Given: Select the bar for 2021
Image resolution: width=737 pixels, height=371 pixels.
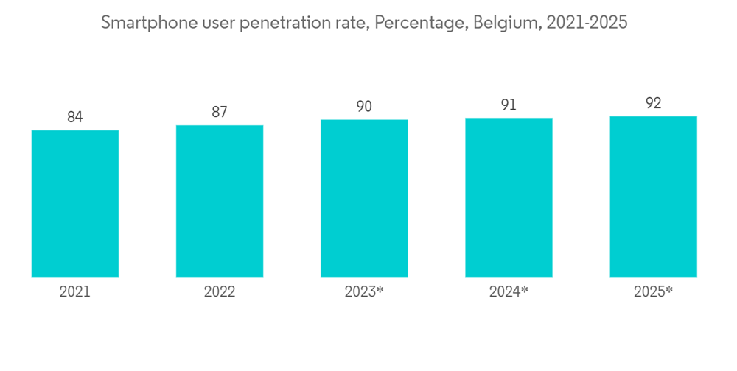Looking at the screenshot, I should tap(74, 203).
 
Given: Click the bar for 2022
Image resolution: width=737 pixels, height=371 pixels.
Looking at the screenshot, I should tap(220, 201).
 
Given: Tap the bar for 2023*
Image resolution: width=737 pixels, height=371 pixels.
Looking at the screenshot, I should tap(364, 198).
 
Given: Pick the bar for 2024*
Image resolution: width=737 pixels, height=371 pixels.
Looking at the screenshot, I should tap(509, 197).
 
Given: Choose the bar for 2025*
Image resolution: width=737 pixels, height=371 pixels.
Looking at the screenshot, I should tap(653, 197).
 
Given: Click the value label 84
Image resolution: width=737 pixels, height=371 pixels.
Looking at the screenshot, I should tap(74, 117).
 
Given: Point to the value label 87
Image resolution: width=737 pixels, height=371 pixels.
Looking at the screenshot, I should tap(220, 112).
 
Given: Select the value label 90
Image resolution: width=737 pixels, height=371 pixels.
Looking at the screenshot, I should tap(364, 107).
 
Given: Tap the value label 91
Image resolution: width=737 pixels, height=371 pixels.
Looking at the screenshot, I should tap(509, 105).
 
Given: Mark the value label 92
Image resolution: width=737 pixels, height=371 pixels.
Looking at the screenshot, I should tap(653, 103).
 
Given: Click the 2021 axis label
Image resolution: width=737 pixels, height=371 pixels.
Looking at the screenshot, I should tap(74, 292).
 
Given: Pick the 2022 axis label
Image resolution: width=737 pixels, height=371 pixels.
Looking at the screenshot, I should tap(220, 292).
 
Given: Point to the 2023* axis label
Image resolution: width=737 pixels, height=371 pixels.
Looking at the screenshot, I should tap(364, 292).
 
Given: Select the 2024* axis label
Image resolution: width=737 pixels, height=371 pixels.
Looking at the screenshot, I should tap(509, 292).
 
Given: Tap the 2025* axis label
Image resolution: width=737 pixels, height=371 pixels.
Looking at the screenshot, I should tap(653, 292).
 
